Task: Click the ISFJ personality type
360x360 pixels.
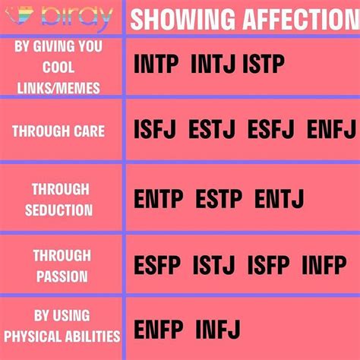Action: (x=156, y=131)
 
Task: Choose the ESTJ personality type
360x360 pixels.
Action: (x=212, y=131)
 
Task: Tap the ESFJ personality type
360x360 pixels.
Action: (x=271, y=131)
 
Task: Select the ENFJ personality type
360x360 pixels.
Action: (x=330, y=131)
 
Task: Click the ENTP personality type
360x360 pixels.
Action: (x=159, y=200)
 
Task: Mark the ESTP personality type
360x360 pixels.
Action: (x=219, y=200)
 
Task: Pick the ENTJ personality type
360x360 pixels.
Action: (x=279, y=200)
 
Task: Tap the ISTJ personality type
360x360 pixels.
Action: (x=216, y=266)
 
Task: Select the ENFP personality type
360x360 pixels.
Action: (x=159, y=330)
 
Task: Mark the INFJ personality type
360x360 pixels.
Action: (x=218, y=330)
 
